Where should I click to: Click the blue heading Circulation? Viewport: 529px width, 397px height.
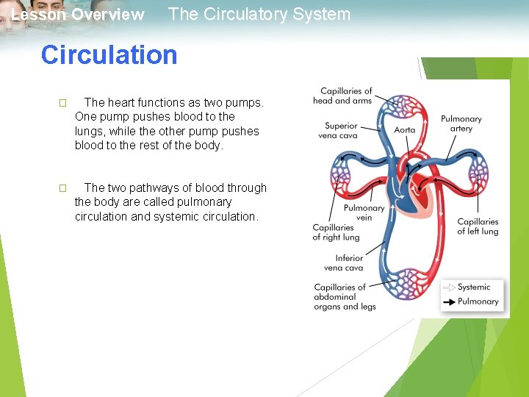[109, 55]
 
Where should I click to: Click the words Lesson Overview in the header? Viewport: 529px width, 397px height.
[78, 15]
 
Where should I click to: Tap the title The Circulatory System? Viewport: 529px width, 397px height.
[259, 14]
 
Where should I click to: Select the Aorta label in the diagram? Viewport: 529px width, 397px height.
[405, 130]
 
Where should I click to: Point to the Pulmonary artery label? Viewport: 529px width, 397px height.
[461, 124]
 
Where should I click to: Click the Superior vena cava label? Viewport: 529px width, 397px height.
[341, 130]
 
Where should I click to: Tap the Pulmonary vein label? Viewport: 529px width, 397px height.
[364, 212]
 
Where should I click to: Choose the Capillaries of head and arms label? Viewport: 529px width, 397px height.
[342, 96]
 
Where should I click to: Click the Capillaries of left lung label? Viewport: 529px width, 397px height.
[478, 226]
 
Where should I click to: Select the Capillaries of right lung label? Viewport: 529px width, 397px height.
[336, 232]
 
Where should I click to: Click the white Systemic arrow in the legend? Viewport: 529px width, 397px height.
[448, 287]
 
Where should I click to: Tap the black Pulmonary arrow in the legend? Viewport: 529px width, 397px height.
[448, 301]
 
